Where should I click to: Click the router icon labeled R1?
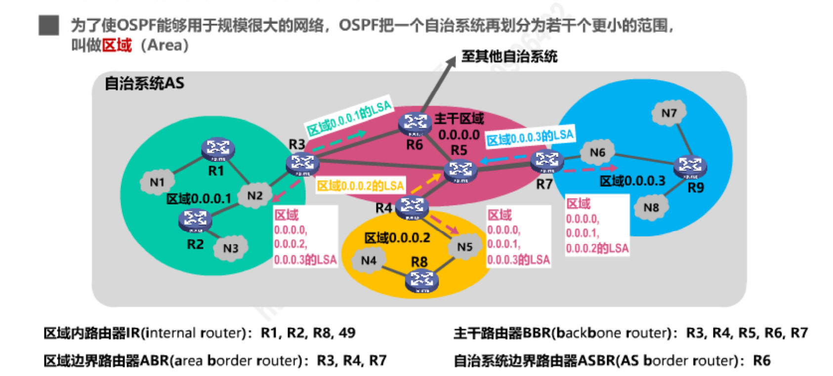point(218,149)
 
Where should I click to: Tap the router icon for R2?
point(195,221)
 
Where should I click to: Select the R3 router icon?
point(302,164)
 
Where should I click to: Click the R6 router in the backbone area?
point(415,124)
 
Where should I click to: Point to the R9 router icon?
point(690,167)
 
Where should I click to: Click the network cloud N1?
point(157,182)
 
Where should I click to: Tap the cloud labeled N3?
point(231,248)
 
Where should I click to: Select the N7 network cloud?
point(669,113)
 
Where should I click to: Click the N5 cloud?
point(464,246)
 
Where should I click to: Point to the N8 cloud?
point(651,208)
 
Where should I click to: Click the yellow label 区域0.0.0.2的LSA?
point(361,186)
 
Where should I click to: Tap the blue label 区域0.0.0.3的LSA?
point(530,137)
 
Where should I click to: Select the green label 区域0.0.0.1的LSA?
point(349,117)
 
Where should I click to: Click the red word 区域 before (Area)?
point(117,45)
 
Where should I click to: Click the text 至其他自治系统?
point(509,56)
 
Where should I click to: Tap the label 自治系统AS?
point(144,83)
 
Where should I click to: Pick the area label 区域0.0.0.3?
point(632,181)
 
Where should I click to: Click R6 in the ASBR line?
point(761,361)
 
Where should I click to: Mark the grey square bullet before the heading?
point(48,25)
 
